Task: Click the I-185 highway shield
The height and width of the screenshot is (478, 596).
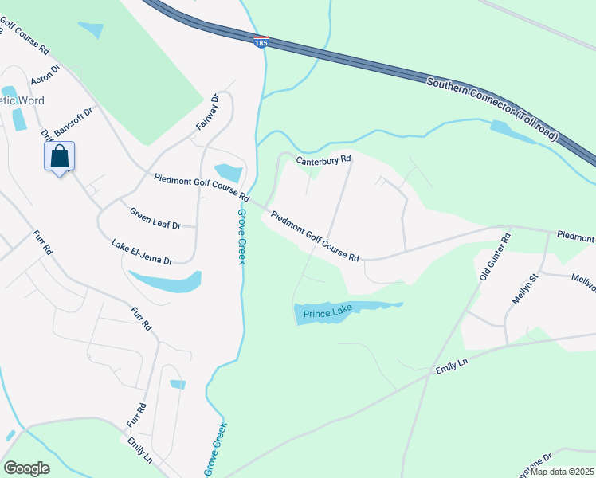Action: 261,41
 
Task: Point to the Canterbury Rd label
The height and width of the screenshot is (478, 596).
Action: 323,160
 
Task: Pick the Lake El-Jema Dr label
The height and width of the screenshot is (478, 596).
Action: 142,251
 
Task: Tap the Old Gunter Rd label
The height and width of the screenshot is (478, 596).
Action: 493,257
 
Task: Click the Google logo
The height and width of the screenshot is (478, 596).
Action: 26,468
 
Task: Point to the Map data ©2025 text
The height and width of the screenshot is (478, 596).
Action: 562,472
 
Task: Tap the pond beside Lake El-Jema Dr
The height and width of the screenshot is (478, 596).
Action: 165,280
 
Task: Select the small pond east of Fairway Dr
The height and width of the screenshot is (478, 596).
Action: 229,172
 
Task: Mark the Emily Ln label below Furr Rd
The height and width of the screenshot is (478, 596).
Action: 139,449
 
